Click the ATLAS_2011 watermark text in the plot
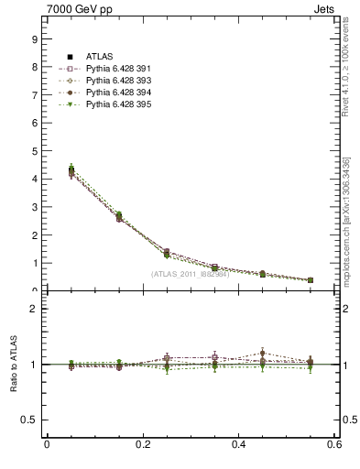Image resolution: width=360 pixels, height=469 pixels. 190,274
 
